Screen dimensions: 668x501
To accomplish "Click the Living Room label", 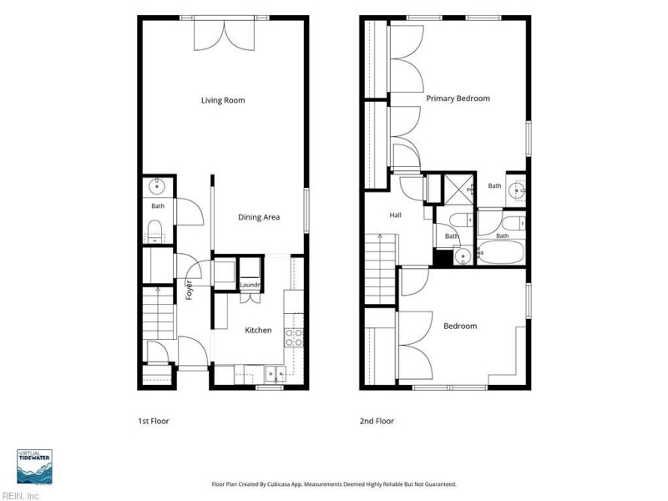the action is pyautogui.click(x=223, y=100).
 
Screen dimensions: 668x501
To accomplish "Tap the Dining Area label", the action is pyautogui.click(x=259, y=217).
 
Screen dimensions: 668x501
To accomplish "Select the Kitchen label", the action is pyautogui.click(x=258, y=330).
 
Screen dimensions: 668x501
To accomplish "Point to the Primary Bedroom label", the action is pyautogui.click(x=458, y=99).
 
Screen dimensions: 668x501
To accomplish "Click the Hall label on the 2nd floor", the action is pyautogui.click(x=395, y=215).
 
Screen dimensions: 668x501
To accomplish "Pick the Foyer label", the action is pyautogui.click(x=190, y=290).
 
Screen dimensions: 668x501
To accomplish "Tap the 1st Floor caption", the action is pyautogui.click(x=154, y=421).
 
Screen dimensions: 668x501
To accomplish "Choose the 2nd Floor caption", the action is pyautogui.click(x=377, y=421).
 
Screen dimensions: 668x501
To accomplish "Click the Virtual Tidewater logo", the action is pyautogui.click(x=34, y=467).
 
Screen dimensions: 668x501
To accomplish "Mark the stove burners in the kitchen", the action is pyautogui.click(x=294, y=337).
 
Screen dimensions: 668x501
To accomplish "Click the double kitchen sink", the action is pyautogui.click(x=276, y=373).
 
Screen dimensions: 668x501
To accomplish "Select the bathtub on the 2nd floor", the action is pyautogui.click(x=500, y=252).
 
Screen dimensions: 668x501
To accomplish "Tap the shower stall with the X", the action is pyautogui.click(x=459, y=190).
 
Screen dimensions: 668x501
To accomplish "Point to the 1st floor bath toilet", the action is pyautogui.click(x=154, y=230).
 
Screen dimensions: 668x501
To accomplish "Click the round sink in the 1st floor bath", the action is pyautogui.click(x=157, y=186).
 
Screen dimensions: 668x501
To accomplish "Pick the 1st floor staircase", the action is pyautogui.click(x=158, y=312).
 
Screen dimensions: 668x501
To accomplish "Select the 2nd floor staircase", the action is pyautogui.click(x=380, y=269).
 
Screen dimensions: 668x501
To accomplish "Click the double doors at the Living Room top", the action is pyautogui.click(x=225, y=35).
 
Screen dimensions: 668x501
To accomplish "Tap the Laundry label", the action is pyautogui.click(x=250, y=285).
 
